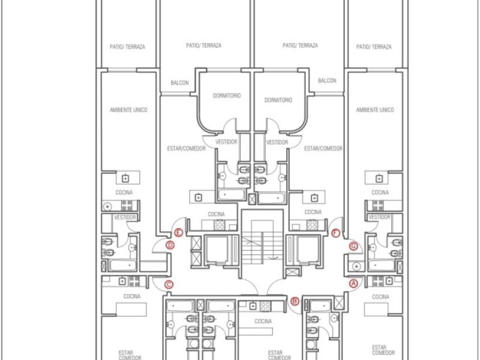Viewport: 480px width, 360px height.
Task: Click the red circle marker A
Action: point(353,283)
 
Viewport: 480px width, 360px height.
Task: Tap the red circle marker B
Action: point(295,301)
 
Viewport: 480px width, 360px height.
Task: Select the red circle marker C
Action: point(169,284)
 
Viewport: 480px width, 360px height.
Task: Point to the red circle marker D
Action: point(170,245)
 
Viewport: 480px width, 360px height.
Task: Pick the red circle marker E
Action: point(178,233)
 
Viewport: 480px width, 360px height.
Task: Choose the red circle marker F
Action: point(335,233)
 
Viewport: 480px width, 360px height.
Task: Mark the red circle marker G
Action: point(353,246)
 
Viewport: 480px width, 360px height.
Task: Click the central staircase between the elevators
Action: point(262,242)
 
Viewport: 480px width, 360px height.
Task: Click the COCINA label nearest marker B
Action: point(263,321)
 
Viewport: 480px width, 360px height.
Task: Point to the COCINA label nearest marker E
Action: point(216,214)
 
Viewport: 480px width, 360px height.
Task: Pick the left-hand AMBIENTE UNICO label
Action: point(128,110)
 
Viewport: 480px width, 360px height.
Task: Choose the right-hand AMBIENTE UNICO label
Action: point(374,110)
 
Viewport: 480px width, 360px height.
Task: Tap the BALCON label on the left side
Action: point(179,83)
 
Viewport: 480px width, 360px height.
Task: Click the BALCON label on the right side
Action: point(327,80)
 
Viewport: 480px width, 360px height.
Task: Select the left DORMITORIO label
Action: point(227,95)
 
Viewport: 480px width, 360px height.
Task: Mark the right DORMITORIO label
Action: point(278,100)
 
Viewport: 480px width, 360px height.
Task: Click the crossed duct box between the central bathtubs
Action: point(252,199)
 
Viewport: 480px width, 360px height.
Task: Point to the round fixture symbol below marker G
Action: point(356,266)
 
